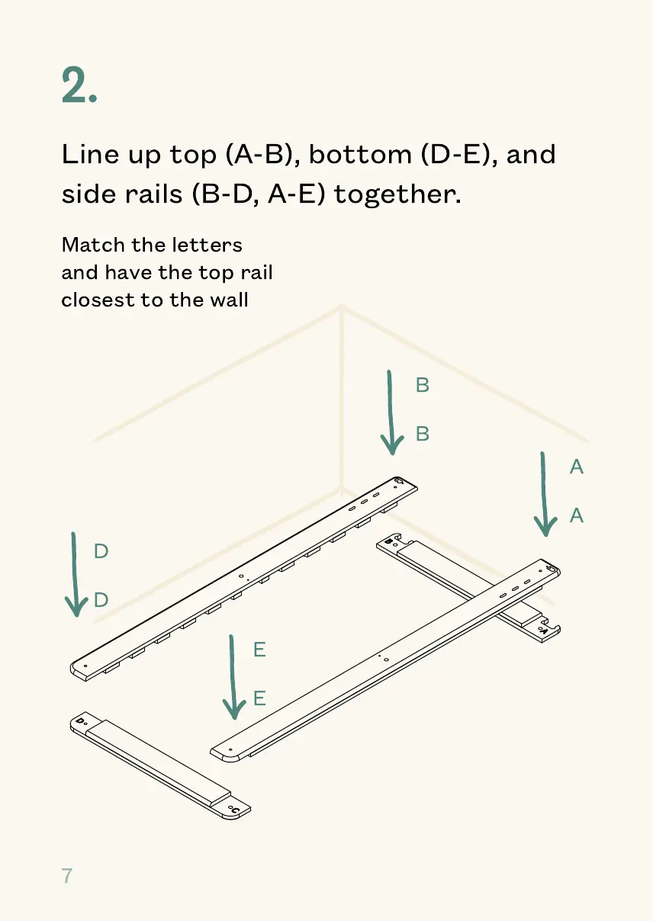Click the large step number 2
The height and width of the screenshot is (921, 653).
coord(79,85)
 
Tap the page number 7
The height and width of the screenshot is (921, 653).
coord(67,875)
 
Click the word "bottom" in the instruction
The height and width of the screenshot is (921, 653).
coord(359,155)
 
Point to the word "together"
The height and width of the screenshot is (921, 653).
coord(397,194)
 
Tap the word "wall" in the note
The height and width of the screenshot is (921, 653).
coord(230,300)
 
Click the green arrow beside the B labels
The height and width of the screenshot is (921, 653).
coord(391,412)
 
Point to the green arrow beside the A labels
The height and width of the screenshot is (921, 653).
coord(544,494)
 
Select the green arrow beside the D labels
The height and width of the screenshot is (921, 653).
coord(76,573)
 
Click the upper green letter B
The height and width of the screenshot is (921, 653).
coord(423,386)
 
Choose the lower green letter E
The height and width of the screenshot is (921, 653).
coord(259,698)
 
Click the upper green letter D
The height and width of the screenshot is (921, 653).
coord(101,551)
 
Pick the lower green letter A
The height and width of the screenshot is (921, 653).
coord(577,516)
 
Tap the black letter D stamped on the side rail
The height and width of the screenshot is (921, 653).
coord(80,720)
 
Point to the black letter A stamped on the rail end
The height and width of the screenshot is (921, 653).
coord(544,631)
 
